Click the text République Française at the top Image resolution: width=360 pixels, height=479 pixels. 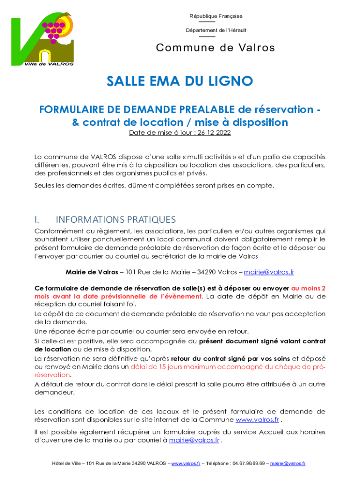tap(216, 16)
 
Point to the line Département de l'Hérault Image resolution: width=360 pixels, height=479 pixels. tap(216, 30)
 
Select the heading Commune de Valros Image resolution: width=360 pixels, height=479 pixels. tap(216, 48)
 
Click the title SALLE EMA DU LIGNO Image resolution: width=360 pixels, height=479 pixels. tap(180, 81)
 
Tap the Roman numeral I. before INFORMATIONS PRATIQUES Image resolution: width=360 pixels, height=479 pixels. tap(37, 219)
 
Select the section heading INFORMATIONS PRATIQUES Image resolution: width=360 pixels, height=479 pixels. tap(115, 219)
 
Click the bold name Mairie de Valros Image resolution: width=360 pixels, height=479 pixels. tap(88, 272)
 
